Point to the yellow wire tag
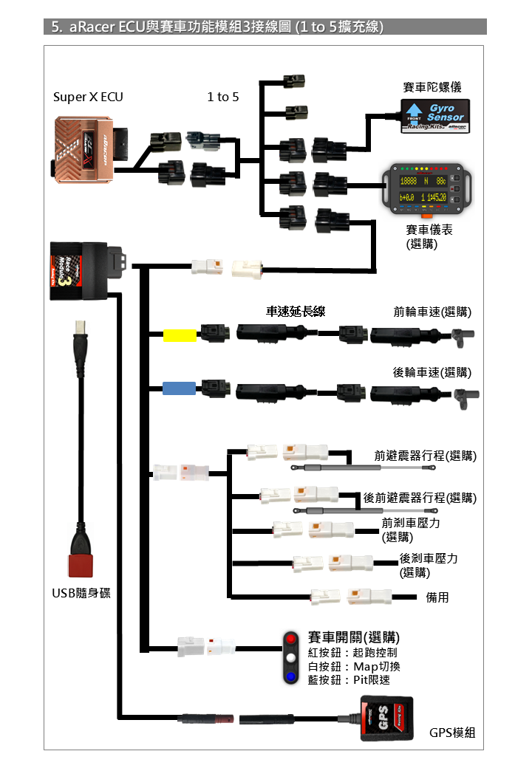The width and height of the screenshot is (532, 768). pyautogui.click(x=179, y=336)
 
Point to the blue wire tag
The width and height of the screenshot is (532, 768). pyautogui.click(x=179, y=388)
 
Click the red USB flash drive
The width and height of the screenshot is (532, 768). pyautogui.click(x=81, y=564)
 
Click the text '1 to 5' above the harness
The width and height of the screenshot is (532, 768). pyautogui.click(x=223, y=97)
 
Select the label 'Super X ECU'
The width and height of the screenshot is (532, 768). pyautogui.click(x=88, y=97)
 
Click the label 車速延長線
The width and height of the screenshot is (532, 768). pyautogui.click(x=296, y=312)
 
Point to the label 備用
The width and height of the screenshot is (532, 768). pyautogui.click(x=437, y=597)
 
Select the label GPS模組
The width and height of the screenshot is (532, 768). pyautogui.click(x=452, y=733)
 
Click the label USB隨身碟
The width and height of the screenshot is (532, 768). pyautogui.click(x=81, y=593)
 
